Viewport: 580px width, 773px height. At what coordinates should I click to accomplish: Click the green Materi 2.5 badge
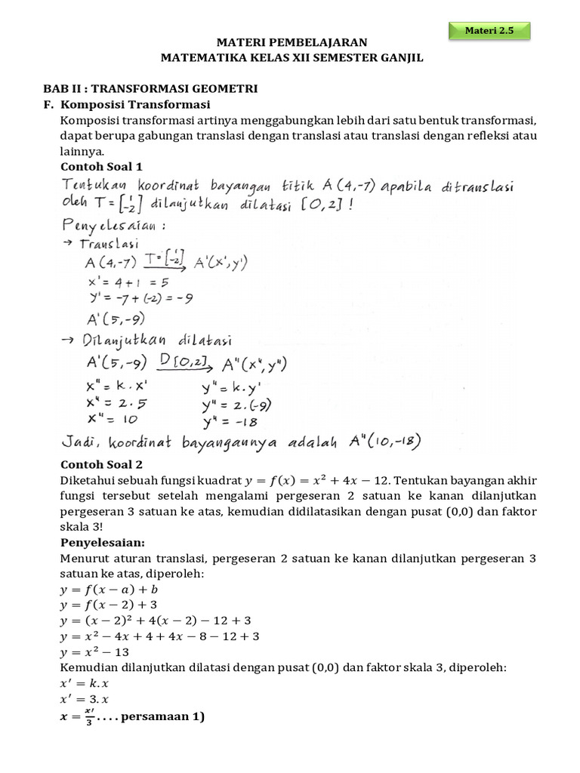(489, 31)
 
